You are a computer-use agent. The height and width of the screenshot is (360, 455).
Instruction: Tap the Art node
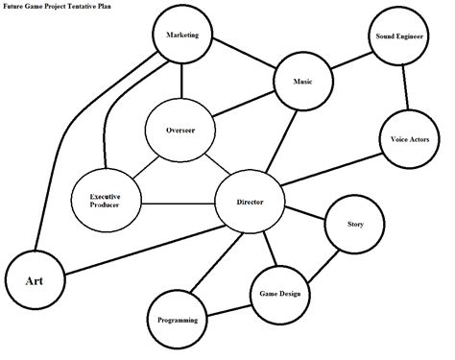(x=34, y=279)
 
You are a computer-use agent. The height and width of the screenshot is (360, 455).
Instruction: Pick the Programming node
(x=178, y=319)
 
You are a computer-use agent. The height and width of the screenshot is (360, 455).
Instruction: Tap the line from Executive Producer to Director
(x=175, y=202)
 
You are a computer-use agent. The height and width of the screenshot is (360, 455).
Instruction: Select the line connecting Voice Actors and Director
(x=329, y=170)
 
